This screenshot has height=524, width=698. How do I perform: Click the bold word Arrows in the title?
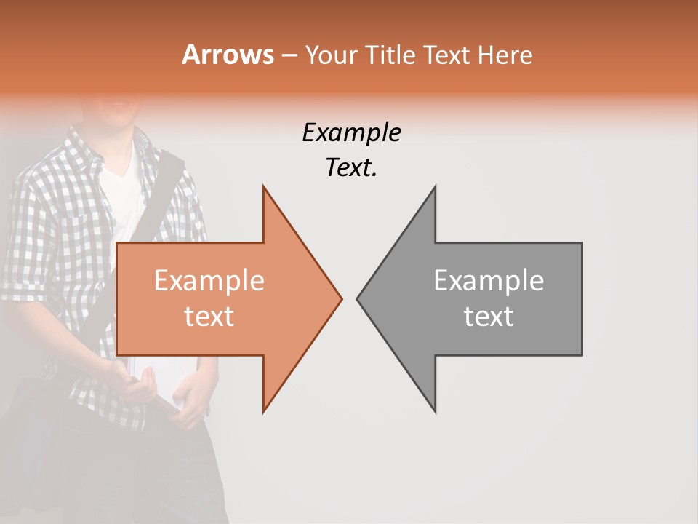228,55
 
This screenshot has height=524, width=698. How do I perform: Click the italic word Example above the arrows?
351,133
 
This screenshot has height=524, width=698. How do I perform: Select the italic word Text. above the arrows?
351,168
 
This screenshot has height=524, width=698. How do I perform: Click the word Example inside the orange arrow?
209,281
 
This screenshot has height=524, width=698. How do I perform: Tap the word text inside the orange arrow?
209,317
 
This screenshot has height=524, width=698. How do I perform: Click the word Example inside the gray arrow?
489,281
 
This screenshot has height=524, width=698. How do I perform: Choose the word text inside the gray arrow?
489,317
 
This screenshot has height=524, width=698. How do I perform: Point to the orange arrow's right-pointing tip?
340,298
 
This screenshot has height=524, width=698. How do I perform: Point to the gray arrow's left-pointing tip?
358,298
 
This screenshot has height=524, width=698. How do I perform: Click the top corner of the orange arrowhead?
264,188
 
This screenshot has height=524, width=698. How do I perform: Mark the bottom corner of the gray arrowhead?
435,411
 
